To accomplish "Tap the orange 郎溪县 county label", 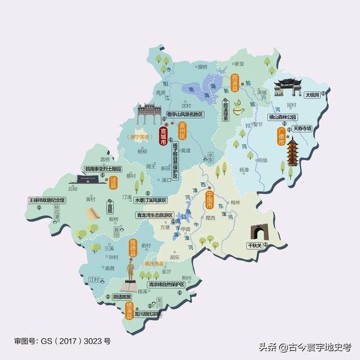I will coord(235,83).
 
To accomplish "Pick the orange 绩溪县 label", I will coord(129,311).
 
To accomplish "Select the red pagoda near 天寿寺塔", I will coord(294,154).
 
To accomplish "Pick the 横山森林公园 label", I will coord(287,118).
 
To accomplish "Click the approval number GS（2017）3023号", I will coord(62,341).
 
